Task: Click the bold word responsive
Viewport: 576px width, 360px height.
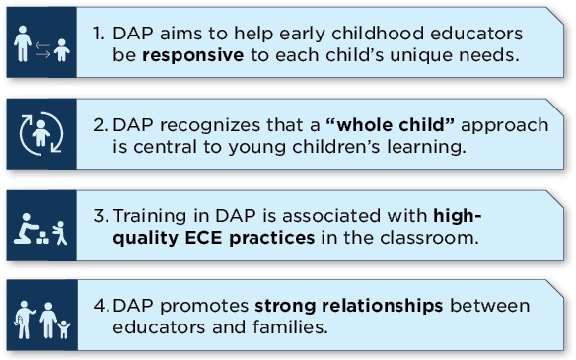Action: tap(193, 55)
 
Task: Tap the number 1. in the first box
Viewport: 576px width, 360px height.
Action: tap(99, 34)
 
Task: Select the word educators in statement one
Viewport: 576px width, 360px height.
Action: tap(476, 34)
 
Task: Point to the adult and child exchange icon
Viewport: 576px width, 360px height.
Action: tap(41, 43)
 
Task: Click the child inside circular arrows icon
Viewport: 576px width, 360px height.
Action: tap(41, 134)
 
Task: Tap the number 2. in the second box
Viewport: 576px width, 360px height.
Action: tap(101, 125)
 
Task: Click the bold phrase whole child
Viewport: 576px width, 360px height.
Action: tap(391, 125)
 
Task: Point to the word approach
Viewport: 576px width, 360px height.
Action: tap(505, 125)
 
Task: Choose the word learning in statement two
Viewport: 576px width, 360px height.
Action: tap(426, 148)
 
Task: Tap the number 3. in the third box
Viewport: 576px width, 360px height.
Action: tap(101, 216)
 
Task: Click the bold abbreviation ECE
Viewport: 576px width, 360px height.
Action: tap(203, 238)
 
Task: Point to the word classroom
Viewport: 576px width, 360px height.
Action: tap(429, 238)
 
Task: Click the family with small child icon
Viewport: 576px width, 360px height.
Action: tap(41, 321)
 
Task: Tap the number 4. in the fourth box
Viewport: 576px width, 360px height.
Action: tap(102, 306)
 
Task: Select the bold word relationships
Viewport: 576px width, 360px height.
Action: tap(383, 307)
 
